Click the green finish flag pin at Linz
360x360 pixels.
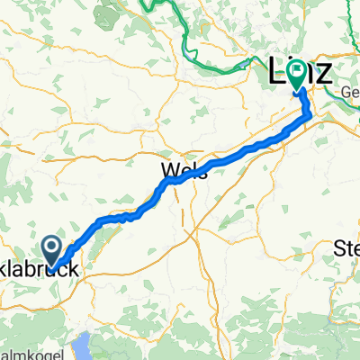tap(298, 76)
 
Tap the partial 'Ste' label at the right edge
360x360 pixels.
tap(347, 247)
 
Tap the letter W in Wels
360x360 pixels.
tap(168, 171)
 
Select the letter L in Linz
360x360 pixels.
tap(277, 70)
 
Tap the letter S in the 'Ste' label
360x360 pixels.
tap(340, 247)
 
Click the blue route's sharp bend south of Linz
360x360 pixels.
tap(310, 114)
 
